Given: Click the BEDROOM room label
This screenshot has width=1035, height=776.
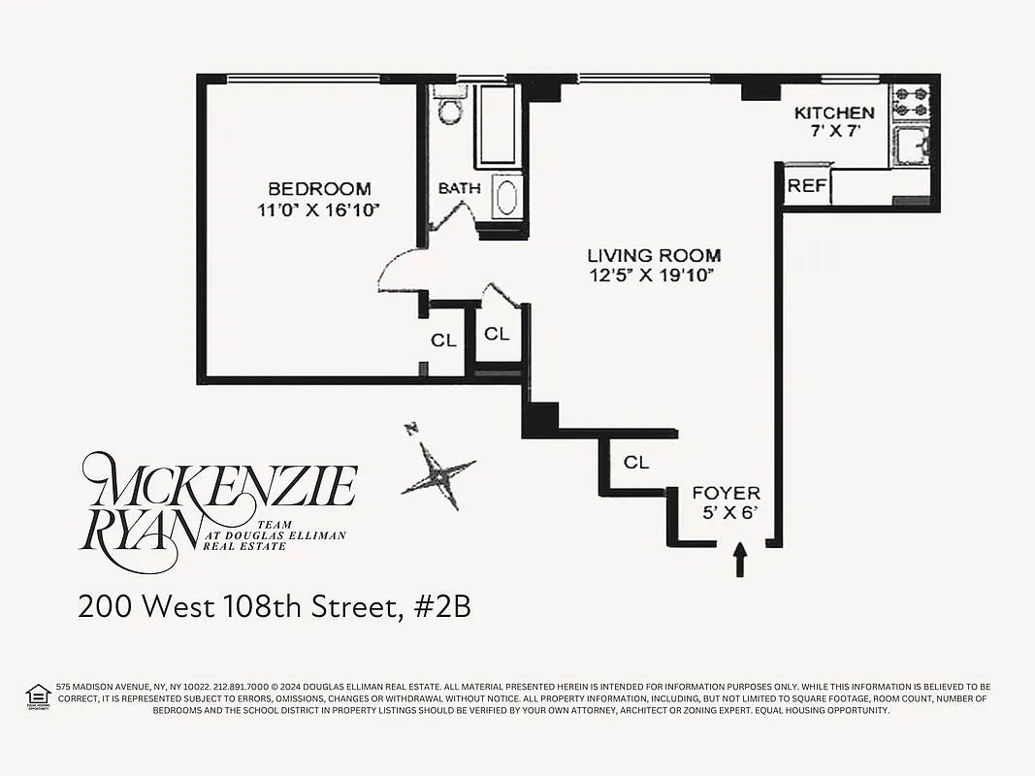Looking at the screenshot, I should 319,189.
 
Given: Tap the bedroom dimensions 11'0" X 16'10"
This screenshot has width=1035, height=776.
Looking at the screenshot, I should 319,209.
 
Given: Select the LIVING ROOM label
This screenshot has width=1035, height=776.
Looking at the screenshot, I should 654,256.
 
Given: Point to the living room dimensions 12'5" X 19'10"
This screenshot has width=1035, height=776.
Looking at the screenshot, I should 652,275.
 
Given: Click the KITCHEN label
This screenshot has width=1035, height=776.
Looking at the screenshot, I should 834,113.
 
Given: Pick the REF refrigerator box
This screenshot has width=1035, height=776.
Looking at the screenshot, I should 807,185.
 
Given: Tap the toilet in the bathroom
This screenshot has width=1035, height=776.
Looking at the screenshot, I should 449,109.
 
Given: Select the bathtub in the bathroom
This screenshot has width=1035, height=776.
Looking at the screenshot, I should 498,126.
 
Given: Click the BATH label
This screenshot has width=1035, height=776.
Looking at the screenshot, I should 459,188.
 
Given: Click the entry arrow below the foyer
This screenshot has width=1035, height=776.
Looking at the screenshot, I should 740,560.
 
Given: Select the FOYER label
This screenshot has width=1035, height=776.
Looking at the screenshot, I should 726,494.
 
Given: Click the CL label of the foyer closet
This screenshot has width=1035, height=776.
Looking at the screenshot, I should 636,463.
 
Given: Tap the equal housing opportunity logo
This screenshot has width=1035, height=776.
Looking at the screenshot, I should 38,695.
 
